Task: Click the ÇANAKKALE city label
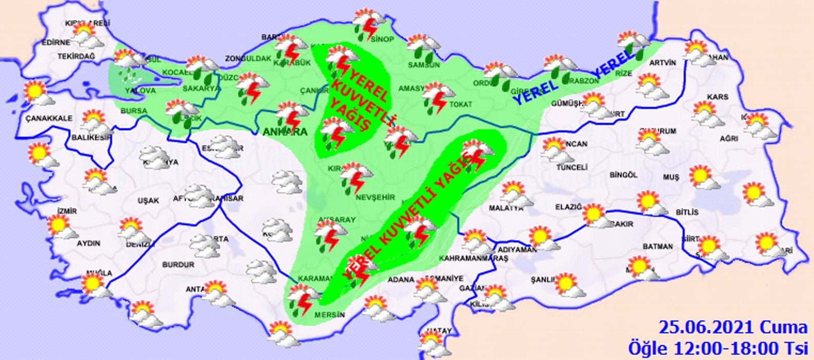[49, 118]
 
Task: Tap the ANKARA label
[285, 132]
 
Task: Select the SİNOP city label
[382, 40]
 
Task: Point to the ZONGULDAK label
[248, 59]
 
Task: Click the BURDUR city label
[178, 264]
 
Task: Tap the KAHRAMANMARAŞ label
[474, 258]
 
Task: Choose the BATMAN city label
[657, 246]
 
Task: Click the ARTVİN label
[663, 63]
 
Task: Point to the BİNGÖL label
[623, 175]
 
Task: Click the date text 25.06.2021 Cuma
[733, 327]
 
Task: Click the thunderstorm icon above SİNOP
[369, 23]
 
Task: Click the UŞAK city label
[148, 201]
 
